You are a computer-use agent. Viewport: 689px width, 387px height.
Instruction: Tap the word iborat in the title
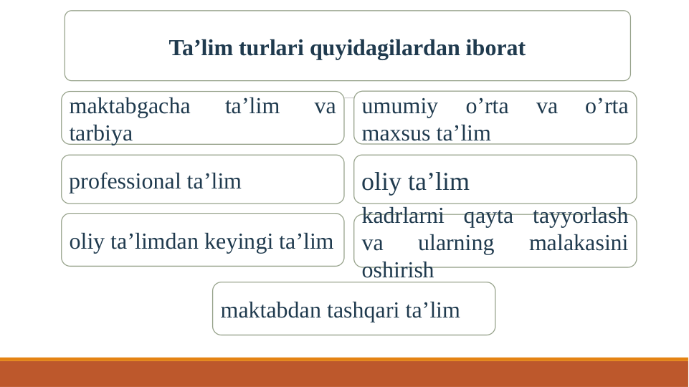coord(495,48)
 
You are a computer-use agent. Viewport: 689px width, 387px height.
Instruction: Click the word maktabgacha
coord(130,106)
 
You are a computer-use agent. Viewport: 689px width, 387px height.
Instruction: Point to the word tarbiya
coord(100,133)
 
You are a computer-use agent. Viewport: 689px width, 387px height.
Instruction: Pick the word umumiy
coord(399,106)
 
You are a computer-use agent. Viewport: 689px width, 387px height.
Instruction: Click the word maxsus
coord(396,133)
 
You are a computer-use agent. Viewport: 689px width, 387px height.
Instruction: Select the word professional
coord(125,181)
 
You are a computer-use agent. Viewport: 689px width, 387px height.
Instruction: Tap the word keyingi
coord(238,242)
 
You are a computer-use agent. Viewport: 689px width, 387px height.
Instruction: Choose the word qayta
coord(488,216)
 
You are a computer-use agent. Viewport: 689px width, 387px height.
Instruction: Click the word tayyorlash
coord(580,216)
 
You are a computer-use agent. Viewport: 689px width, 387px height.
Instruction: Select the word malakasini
coord(578,243)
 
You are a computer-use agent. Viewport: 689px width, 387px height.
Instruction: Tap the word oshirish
coord(397,270)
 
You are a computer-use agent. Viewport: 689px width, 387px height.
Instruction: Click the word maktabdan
coord(270,310)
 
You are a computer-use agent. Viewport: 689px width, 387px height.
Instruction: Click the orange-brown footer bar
coord(344,373)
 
